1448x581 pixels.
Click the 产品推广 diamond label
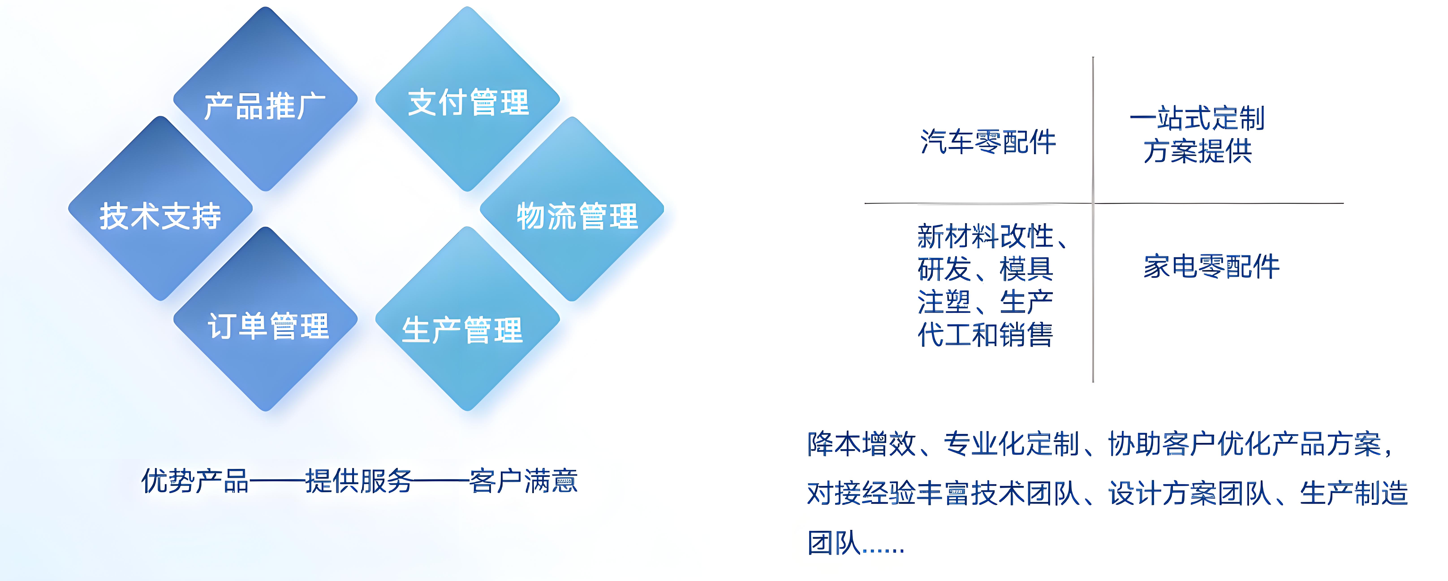pos(265,106)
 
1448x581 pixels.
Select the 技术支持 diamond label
pos(160,216)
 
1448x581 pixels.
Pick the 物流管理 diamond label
pos(577,216)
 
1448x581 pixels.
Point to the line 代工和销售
pos(985,335)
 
